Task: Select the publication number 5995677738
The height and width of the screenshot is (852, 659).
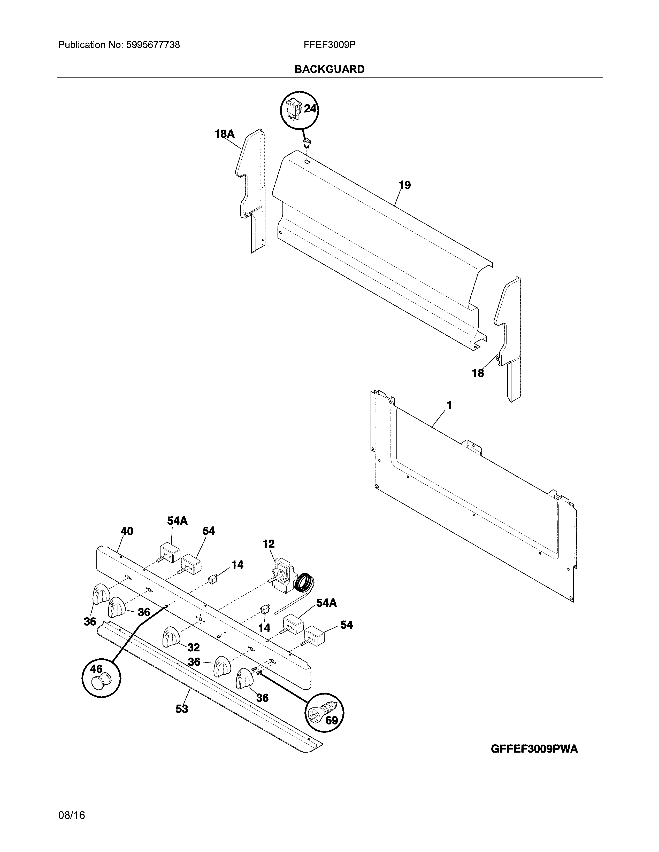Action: click(153, 45)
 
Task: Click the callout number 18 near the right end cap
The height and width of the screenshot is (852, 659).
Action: click(478, 373)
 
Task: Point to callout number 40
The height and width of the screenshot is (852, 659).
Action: click(127, 531)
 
